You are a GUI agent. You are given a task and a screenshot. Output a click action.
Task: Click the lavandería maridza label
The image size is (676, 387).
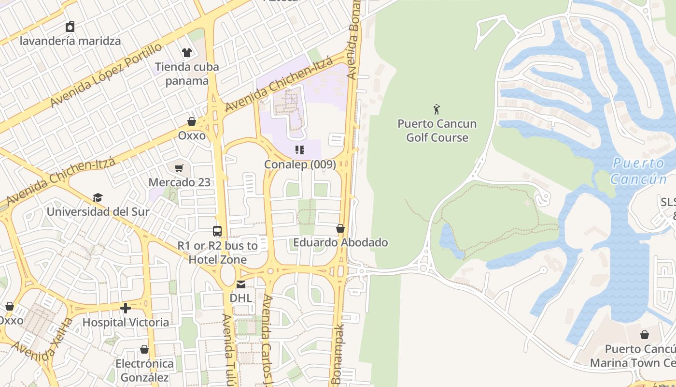70,41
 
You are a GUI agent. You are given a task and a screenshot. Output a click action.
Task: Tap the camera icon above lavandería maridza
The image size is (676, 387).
70,27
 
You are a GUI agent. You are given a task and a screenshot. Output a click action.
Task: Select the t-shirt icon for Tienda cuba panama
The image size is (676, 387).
187,52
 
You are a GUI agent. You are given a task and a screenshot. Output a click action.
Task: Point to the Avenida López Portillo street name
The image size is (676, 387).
106,75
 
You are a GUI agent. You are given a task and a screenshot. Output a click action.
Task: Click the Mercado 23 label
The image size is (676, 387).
179,182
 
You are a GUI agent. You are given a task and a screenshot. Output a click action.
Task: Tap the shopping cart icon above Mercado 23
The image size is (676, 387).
179,168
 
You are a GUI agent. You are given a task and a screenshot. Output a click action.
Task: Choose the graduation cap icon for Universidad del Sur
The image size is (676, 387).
98,197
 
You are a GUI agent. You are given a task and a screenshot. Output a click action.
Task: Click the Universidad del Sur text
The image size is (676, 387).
98,212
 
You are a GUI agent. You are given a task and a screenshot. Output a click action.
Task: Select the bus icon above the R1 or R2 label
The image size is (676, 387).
217,231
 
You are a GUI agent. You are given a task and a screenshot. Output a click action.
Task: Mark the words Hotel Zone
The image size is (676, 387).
217,260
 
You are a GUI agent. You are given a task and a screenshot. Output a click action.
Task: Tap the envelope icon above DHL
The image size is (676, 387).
240,284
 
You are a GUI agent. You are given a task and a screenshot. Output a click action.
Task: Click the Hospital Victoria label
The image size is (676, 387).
126,322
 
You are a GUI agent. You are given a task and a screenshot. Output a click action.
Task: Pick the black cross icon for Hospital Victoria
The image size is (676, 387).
126,308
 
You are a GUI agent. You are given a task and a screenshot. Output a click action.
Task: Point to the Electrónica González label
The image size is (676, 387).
144,370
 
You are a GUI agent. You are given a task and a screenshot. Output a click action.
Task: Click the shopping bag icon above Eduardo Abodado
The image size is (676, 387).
340,228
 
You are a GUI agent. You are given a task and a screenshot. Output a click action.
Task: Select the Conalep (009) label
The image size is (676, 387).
300,164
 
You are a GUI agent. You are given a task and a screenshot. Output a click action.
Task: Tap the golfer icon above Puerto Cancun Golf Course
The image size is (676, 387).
437,109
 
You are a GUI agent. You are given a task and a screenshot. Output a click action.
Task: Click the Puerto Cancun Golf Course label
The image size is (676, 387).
437,131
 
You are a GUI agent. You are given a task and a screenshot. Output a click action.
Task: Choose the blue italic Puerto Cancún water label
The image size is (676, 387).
639,171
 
